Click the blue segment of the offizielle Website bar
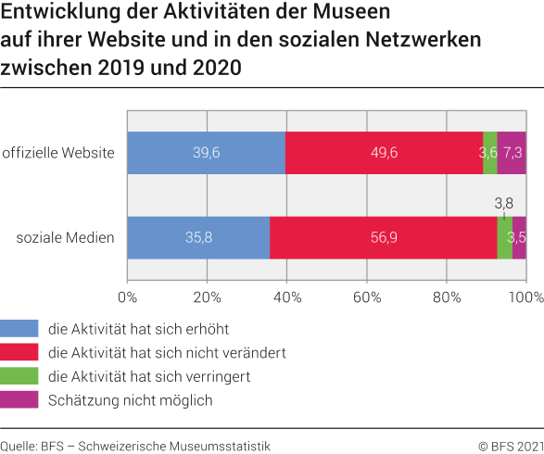[206, 153]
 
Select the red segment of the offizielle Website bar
[384, 153]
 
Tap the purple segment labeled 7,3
[512, 153]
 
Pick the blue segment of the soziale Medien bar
[198, 238]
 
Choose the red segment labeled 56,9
[383, 238]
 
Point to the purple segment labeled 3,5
[519, 238]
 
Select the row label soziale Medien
[66, 238]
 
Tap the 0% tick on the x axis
[127, 297]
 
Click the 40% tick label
[286, 297]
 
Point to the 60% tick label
[366, 297]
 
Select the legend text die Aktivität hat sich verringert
[149, 376]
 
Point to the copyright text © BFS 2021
[509, 445]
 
